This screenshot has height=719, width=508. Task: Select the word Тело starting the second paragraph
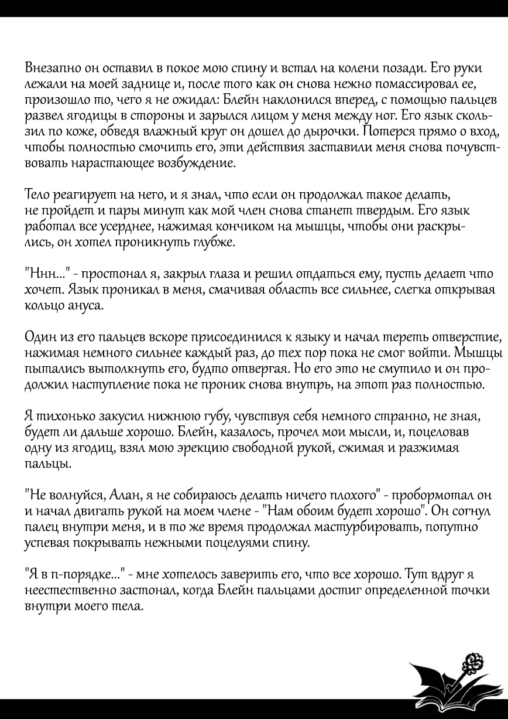[37, 194]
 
